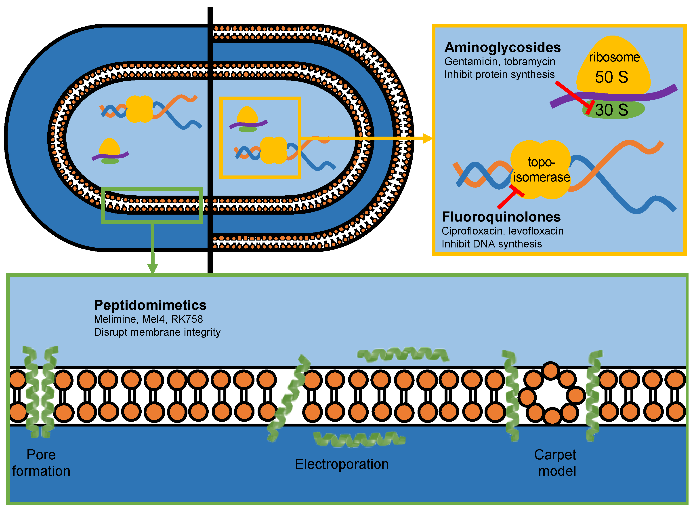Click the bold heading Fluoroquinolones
coord(501,217)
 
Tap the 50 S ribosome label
coord(612,77)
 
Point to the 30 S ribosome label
coord(612,110)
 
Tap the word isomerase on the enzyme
coord(542,177)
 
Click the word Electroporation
coord(342,464)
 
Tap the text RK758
coord(187,319)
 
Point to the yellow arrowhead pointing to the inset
coord(427,138)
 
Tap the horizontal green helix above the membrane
coord(403,354)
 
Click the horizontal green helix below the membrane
coord(359,439)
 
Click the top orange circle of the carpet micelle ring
coord(550,371)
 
